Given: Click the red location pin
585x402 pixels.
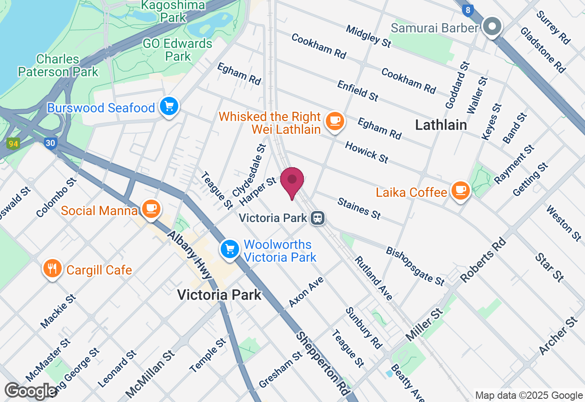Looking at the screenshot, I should click(292, 181).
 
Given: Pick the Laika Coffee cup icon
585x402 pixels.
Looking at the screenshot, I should click(460, 190).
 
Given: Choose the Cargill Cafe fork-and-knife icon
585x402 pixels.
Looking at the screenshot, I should click(53, 268).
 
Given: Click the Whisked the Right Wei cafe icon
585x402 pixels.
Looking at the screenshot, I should click(335, 121).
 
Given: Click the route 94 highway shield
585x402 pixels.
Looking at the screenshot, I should click(13, 144).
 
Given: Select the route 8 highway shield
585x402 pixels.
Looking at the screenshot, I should click(467, 10).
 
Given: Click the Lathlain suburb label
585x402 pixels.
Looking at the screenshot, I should click(441, 125).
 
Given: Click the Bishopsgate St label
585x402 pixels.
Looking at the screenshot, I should click(415, 266).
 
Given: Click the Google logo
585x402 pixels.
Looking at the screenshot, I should click(31, 391).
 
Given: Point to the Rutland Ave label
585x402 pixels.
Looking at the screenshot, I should click(373, 278).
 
